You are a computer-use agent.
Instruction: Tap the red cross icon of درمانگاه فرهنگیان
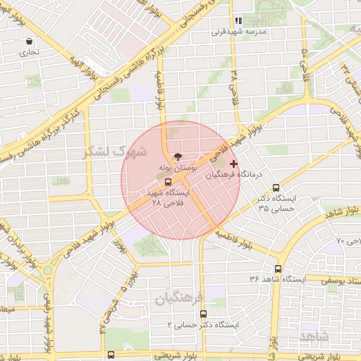click(x=233, y=164)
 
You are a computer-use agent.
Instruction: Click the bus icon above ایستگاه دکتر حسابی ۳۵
click(x=276, y=188)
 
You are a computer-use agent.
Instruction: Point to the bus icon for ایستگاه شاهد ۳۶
click(x=278, y=269)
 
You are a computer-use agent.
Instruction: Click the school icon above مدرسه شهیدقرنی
click(x=238, y=21)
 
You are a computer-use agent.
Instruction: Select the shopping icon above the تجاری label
click(x=28, y=42)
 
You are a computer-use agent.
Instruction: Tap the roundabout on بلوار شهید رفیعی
click(x=49, y=269)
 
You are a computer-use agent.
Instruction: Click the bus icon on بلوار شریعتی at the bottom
click(x=111, y=355)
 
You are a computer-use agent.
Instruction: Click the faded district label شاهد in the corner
click(x=314, y=336)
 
